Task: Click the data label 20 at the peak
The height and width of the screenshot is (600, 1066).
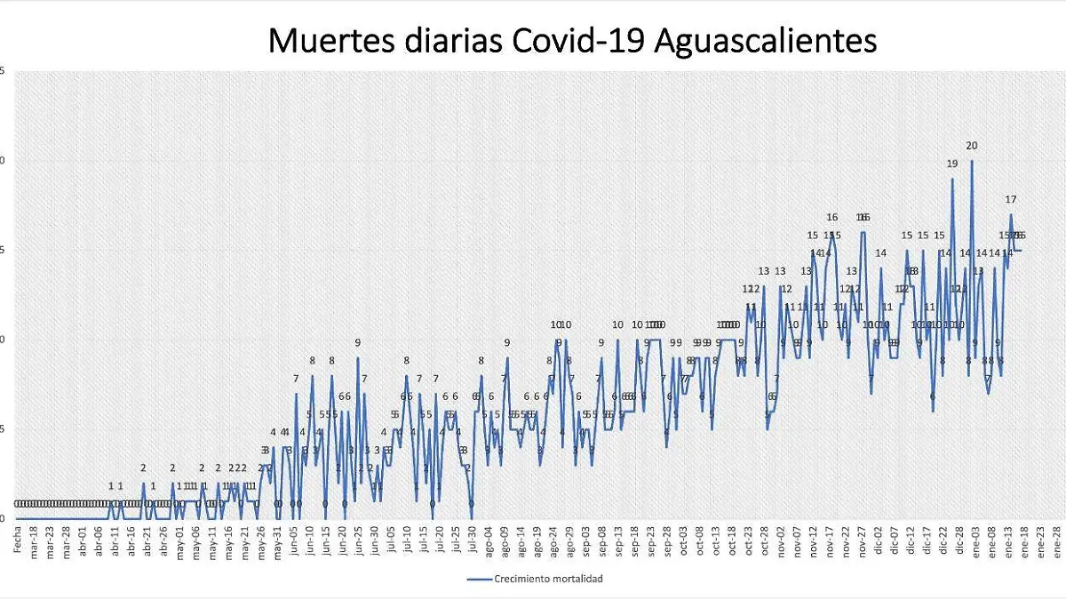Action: coord(972,146)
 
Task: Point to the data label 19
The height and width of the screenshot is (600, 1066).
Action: coord(952,164)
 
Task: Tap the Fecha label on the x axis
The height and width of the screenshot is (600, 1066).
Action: coord(17,540)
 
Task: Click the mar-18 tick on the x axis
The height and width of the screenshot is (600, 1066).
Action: coord(34,542)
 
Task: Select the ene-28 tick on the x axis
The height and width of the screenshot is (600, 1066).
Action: coord(1055,542)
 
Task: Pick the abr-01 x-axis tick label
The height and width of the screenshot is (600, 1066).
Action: coord(83,542)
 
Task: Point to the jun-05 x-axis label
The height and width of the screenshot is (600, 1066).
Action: coord(293,542)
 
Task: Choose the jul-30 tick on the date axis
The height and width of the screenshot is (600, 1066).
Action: coord(471,542)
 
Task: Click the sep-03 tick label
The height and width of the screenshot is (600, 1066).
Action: coord(585,542)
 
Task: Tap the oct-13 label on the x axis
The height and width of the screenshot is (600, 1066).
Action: coord(715,542)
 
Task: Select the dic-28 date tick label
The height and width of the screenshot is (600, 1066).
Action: coord(959,542)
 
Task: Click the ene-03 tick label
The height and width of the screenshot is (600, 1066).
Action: coord(975,542)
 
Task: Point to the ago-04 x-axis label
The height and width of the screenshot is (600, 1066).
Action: coord(488,542)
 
